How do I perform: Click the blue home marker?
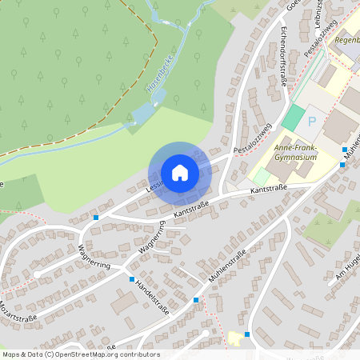pos(179,173)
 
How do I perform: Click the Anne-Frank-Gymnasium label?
pos(296,153)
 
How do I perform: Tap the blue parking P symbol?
pos(312,122)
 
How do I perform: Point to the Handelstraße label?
pos(152,297)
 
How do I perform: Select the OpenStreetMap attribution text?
pos(80,354)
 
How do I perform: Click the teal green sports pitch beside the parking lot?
pos(294,118)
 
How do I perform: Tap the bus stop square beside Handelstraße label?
pos(132,279)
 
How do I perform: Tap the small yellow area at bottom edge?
pos(235,338)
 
